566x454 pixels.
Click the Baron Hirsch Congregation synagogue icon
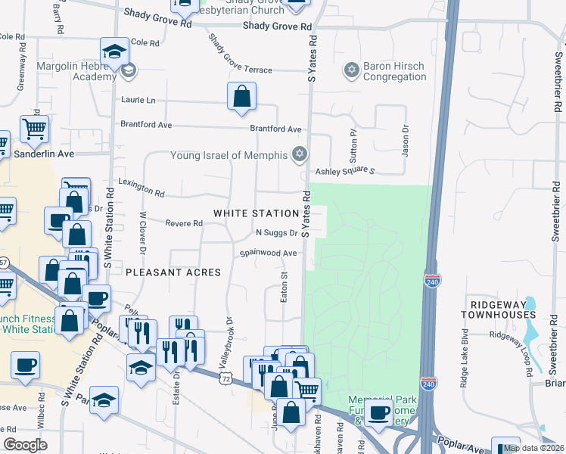(x=350, y=70)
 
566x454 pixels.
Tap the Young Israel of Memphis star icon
(x=300, y=155)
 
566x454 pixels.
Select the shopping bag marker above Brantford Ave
(x=241, y=97)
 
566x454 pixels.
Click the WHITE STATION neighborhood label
(x=257, y=214)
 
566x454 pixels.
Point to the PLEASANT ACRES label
(x=173, y=272)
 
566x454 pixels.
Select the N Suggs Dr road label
(x=277, y=233)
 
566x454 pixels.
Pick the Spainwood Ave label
(x=269, y=253)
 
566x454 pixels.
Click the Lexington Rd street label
(x=141, y=187)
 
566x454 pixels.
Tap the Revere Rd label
(x=185, y=223)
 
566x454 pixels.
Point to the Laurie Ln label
(x=138, y=100)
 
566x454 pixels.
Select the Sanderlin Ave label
(x=44, y=154)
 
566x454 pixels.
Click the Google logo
(x=25, y=445)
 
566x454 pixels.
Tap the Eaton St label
(x=285, y=288)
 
